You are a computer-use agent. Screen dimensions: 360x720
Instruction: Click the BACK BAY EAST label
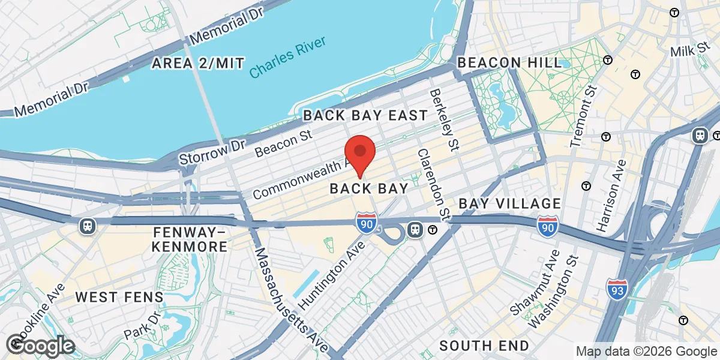pyautogui.click(x=365, y=115)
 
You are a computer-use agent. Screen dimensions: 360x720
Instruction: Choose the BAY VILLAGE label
pyautogui.click(x=509, y=204)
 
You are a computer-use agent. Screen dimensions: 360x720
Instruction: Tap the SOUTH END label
pyautogui.click(x=484, y=346)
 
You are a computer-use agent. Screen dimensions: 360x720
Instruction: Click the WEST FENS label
pyautogui.click(x=119, y=297)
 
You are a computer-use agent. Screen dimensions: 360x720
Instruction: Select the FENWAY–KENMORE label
pyautogui.click(x=190, y=239)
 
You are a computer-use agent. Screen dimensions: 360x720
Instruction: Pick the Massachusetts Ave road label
pyautogui.click(x=291, y=299)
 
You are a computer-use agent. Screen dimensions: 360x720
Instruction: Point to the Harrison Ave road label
pyautogui.click(x=611, y=195)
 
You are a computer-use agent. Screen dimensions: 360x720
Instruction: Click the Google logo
pyautogui.click(x=41, y=345)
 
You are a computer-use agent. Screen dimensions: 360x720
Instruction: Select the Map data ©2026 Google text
pyautogui.click(x=646, y=351)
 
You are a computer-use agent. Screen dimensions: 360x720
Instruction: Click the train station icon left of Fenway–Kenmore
pyautogui.click(x=88, y=226)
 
